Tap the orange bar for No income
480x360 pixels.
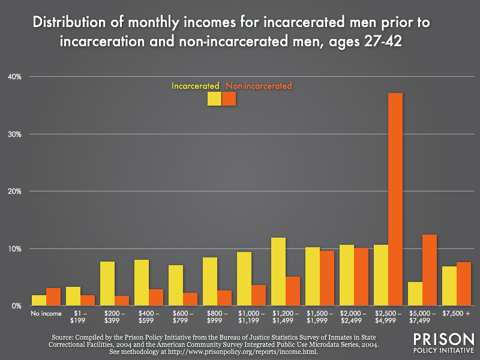54,297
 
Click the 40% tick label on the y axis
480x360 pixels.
14,77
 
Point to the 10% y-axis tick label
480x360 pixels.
14,248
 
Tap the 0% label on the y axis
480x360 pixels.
16,306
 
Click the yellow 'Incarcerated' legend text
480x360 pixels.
196,86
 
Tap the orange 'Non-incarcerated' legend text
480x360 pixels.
259,86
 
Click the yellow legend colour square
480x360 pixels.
214,99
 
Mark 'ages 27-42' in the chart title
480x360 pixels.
379,44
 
